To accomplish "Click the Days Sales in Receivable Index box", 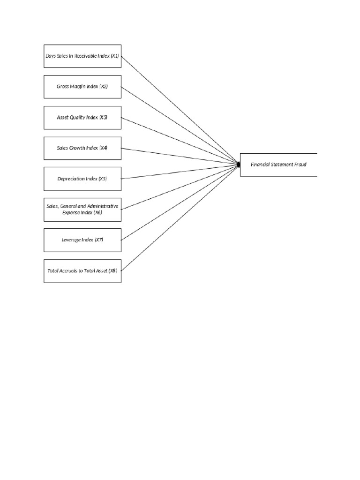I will [82, 56].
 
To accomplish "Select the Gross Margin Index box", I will [82, 87].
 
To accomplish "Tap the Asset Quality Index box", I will [82, 117].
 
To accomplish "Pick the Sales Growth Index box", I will [82, 148].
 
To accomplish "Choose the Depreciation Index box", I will [82, 179].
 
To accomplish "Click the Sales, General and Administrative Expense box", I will [82, 210].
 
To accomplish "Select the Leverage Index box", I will [82, 240].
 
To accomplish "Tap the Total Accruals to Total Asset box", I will [82, 271].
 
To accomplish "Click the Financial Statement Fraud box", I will [278, 165].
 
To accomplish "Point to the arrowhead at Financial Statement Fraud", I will [239, 165].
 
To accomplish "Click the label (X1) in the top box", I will [115, 56].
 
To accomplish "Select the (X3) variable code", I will [103, 118].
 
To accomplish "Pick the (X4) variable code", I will [103, 148].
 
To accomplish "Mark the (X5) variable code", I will [103, 179].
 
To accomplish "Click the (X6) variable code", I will [97, 213].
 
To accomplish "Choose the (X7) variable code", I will [98, 240].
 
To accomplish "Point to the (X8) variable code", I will [112, 271].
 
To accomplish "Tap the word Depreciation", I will [71, 179].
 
